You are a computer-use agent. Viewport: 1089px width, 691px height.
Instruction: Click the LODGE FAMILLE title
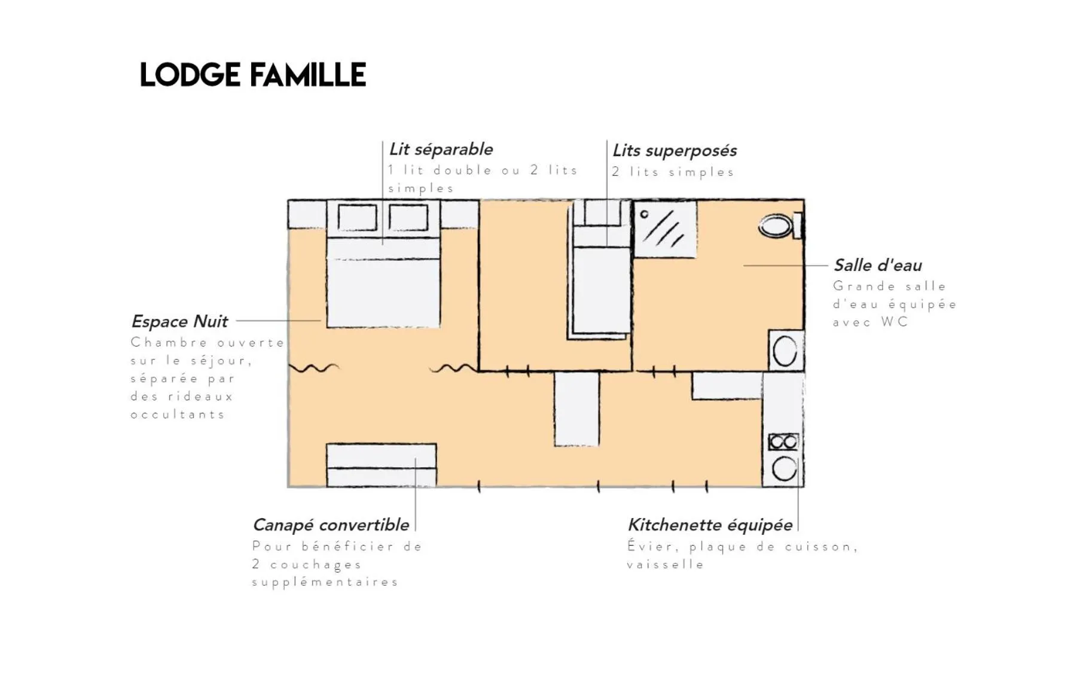[x=252, y=75]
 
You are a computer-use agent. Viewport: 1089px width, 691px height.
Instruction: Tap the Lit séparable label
[x=441, y=149]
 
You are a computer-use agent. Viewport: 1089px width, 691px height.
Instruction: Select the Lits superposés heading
[x=674, y=150]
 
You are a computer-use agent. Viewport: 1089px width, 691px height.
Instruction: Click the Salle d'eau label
[x=877, y=265]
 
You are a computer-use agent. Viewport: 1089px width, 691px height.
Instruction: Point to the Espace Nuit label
[x=179, y=321]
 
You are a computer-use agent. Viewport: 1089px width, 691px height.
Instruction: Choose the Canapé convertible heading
[x=331, y=525]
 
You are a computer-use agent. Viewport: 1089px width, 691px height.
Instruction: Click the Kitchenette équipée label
[x=710, y=525]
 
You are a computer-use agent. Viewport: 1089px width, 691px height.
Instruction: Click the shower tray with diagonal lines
[x=665, y=230]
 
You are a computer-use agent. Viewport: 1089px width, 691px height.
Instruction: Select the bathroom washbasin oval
[x=785, y=351]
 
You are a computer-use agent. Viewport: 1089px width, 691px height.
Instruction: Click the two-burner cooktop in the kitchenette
[x=783, y=442]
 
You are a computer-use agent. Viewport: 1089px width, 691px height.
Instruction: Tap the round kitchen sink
[x=784, y=468]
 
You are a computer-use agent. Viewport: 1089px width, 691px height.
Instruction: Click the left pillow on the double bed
[x=357, y=217]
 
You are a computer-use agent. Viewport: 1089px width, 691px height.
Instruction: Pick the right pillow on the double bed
[x=408, y=217]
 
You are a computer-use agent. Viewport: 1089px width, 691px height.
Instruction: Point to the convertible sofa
[x=381, y=465]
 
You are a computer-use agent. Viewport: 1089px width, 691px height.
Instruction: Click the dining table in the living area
[x=576, y=409]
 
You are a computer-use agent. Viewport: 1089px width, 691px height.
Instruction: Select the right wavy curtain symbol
[x=453, y=368]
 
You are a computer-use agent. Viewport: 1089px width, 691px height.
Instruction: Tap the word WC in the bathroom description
[x=895, y=322]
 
